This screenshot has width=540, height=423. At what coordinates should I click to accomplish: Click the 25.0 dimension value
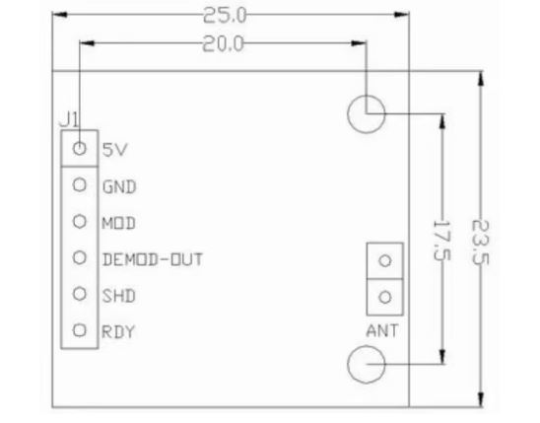pos(225,16)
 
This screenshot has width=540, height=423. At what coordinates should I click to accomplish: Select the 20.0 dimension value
pos(223,43)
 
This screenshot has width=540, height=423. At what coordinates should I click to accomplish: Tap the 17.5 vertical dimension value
pos(441,241)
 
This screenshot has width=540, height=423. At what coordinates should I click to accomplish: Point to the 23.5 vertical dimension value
pos(480,243)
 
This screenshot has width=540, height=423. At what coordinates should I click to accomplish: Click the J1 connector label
pos(69,119)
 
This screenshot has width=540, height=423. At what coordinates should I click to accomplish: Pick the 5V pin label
pos(115,150)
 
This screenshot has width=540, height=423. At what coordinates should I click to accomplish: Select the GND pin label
pos(119,187)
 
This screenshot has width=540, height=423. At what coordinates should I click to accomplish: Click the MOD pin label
pos(119,223)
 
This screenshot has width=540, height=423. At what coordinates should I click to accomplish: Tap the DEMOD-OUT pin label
pos(153,259)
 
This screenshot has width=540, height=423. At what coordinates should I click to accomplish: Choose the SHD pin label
pos(119,296)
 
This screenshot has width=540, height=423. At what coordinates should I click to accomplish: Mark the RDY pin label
pos(118,332)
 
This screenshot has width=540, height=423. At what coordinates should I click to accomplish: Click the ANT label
pos(382,330)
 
